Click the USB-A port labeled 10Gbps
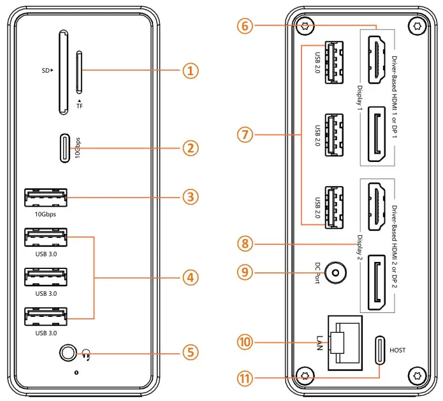(45, 198)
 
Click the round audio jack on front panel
(66, 352)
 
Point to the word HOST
(397, 351)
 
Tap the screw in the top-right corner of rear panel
(418, 27)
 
